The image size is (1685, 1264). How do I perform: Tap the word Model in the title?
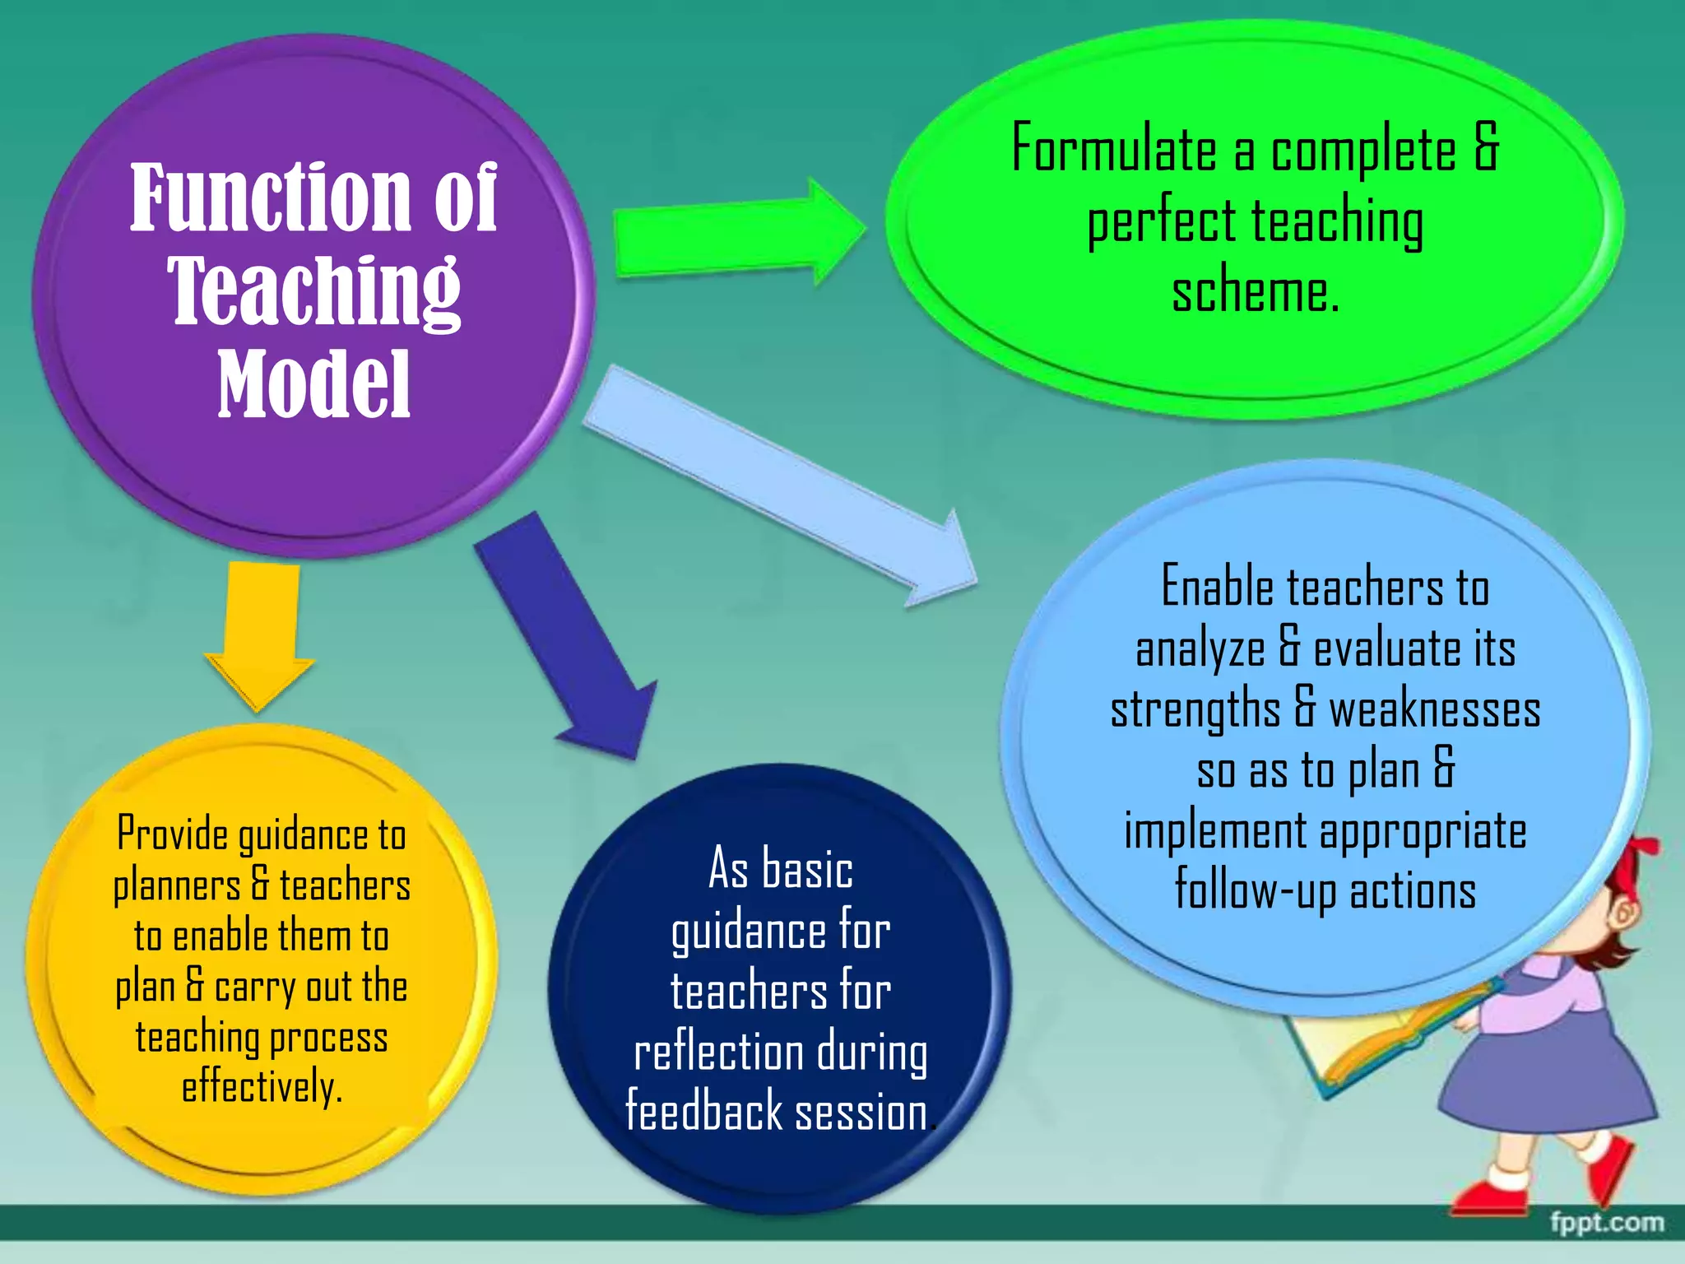[x=313, y=383]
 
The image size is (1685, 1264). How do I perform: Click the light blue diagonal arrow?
[x=782, y=486]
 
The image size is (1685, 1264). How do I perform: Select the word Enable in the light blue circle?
[x=1218, y=588]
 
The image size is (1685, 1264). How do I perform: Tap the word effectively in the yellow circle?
[x=261, y=1087]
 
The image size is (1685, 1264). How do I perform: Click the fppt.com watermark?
[x=1606, y=1223]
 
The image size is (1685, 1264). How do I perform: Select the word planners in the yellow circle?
[x=177, y=886]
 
